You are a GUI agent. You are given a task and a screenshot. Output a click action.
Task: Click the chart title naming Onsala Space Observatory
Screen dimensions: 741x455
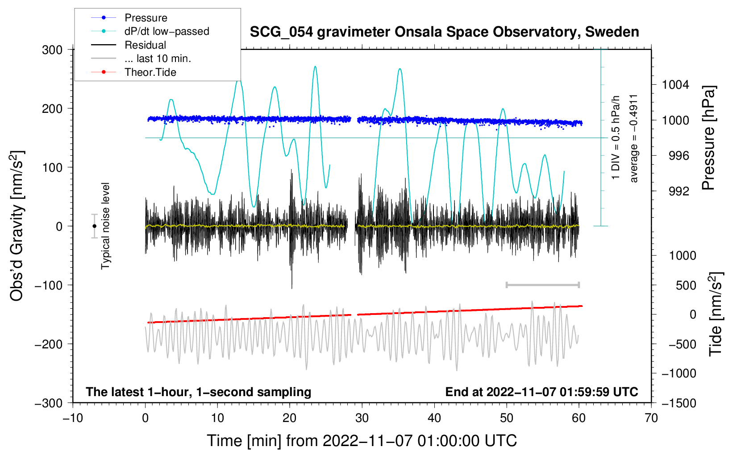point(444,32)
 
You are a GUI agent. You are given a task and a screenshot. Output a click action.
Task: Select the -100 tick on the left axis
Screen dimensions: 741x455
point(49,285)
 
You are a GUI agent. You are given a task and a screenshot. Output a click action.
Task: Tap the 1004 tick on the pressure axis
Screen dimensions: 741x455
point(675,85)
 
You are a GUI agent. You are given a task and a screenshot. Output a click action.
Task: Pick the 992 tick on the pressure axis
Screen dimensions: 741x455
point(679,191)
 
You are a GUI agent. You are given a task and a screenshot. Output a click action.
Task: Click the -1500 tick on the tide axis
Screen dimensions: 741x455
point(679,403)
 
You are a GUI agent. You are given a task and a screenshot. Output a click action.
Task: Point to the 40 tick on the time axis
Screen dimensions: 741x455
point(434,418)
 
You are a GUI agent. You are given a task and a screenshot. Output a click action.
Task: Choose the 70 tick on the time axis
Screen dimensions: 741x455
point(651,418)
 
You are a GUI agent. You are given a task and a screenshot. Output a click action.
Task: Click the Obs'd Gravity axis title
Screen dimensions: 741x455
point(17,226)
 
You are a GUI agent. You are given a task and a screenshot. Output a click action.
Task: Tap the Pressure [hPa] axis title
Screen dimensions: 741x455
point(708,138)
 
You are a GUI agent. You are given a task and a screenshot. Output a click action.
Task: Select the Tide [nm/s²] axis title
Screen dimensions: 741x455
point(716,314)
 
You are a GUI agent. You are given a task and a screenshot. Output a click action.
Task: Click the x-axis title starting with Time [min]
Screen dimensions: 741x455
point(362,441)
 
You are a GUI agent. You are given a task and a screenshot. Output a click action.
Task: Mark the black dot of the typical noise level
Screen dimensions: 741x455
point(94,226)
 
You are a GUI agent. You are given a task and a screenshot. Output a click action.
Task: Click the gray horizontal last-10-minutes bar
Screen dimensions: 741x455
point(542,285)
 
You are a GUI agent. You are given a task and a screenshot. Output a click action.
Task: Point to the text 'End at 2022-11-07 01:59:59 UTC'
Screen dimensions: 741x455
point(541,392)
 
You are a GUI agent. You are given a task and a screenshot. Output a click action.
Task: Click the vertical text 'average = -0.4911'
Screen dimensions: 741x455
point(633,139)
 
